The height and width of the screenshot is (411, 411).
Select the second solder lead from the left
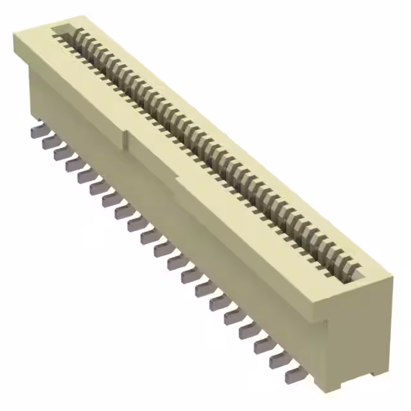49,142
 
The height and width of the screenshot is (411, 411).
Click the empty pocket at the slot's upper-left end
63,30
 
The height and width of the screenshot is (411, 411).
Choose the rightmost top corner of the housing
393,278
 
